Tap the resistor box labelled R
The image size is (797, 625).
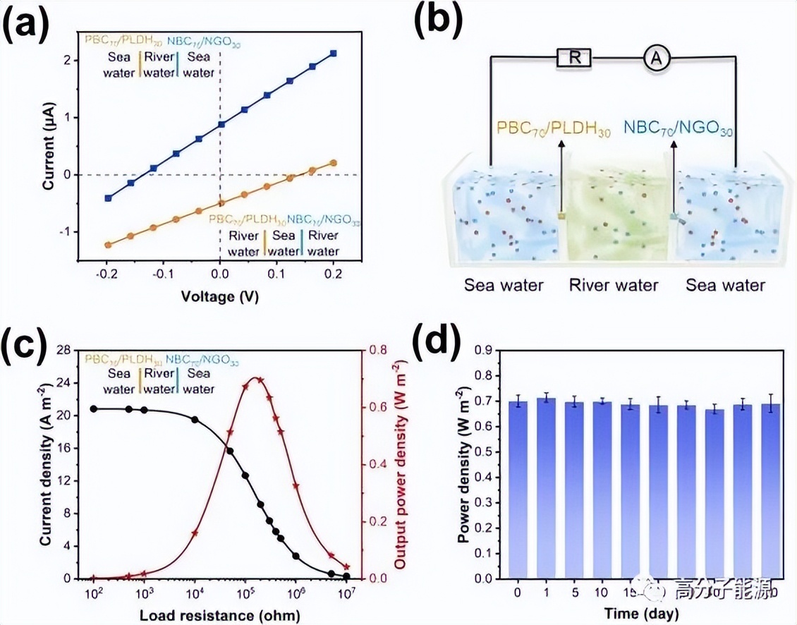tap(575, 58)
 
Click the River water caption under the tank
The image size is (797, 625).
tap(613, 285)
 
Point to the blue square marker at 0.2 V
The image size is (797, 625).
tap(333, 54)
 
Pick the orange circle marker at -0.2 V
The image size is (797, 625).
tap(108, 245)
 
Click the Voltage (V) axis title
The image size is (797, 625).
tap(219, 297)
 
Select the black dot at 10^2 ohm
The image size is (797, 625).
tap(94, 409)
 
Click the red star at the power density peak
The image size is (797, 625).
tap(260, 380)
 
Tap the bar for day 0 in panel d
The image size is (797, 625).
tap(518, 490)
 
